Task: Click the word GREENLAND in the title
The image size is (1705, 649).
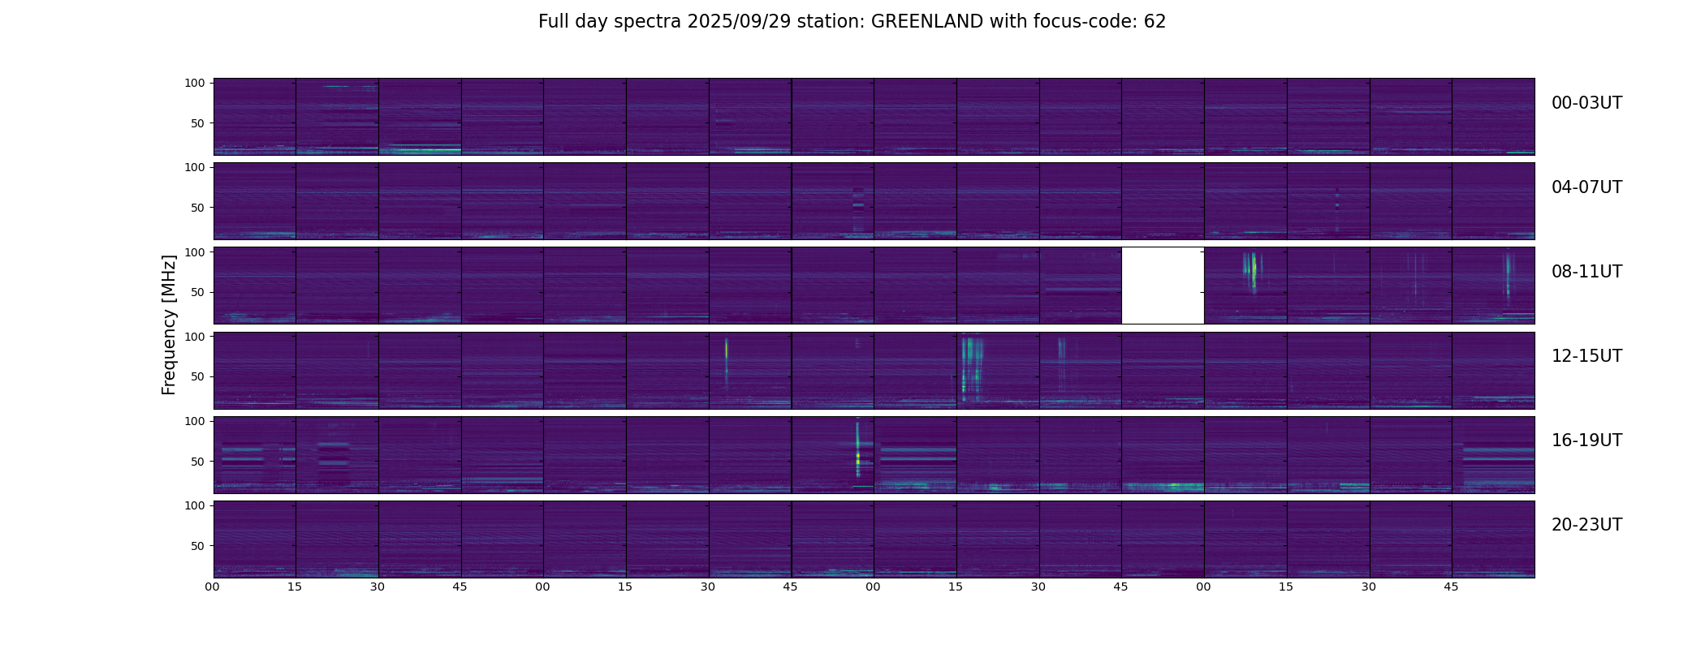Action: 927,22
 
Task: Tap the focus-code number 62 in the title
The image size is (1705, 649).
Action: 1155,22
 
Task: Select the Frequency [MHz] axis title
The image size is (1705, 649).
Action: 169,324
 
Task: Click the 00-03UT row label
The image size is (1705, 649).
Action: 1586,103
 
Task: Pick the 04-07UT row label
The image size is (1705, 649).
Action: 1586,187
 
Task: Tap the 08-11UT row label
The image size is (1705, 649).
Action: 1586,272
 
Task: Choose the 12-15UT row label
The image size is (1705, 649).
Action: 1586,356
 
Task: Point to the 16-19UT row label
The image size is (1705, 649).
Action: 1586,441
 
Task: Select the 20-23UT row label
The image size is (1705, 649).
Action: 1586,525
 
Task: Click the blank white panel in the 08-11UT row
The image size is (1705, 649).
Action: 1163,286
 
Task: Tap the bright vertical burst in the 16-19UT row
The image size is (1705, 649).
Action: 857,450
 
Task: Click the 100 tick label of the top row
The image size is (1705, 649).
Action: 195,83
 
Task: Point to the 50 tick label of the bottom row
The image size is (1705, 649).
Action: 198,546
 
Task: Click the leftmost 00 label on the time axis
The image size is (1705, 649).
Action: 213,587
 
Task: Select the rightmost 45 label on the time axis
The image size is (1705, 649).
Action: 1452,587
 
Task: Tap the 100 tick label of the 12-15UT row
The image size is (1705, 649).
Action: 195,336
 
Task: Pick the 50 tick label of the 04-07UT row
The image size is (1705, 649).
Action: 198,208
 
